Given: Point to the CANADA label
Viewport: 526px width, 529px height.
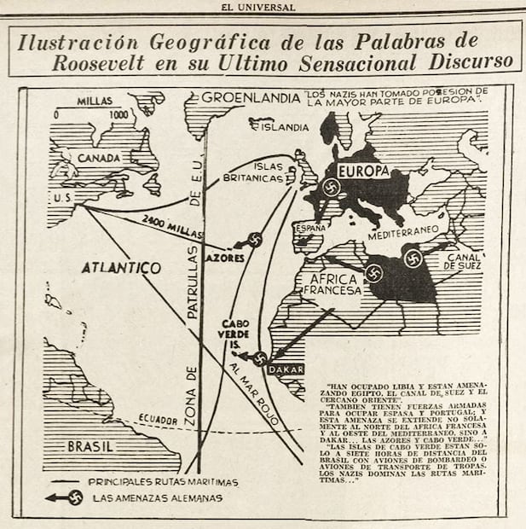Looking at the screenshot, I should click(100, 158).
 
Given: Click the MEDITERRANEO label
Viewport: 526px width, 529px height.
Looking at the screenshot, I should click(403, 230).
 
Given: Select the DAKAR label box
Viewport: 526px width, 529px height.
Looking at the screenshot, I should click(285, 369).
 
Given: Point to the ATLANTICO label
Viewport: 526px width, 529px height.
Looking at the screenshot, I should click(120, 267).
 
